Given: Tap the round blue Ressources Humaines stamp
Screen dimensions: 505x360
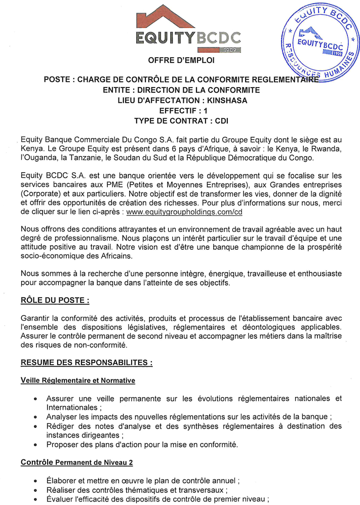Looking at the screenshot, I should tap(319, 43).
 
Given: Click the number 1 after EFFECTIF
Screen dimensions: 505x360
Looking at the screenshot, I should tap(206, 110).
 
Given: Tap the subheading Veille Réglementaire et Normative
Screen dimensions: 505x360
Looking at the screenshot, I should tap(77, 379).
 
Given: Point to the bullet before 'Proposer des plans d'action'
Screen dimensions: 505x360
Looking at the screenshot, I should tap(34, 445).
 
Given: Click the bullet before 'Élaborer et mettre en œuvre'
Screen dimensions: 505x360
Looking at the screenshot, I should tap(34, 480).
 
